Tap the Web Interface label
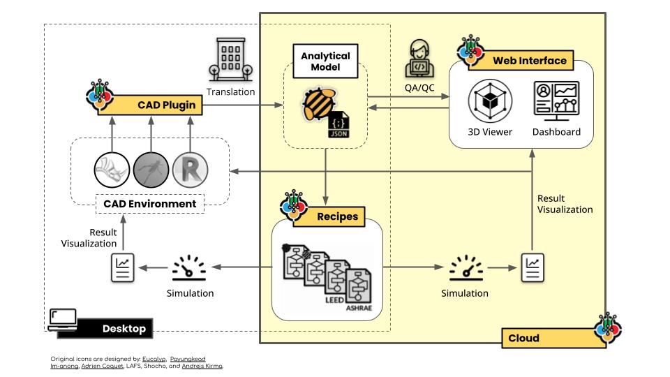(x=529, y=61)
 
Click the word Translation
(x=231, y=91)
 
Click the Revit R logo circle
(x=190, y=169)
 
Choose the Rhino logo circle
(x=112, y=169)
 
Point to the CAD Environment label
(x=149, y=204)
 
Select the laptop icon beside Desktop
(x=64, y=318)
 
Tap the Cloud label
(x=523, y=338)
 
